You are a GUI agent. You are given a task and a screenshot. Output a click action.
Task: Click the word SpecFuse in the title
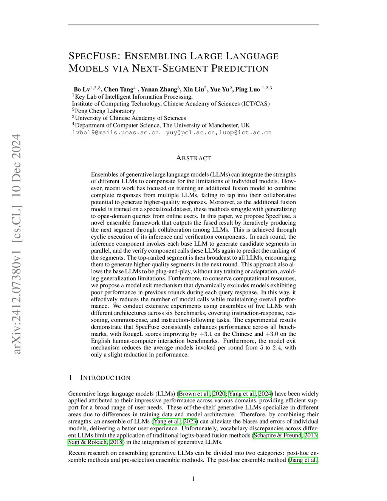(x=93, y=56)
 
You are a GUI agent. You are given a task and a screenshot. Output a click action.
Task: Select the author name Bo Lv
(x=82, y=90)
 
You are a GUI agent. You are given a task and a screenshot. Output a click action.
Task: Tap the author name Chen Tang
(x=118, y=90)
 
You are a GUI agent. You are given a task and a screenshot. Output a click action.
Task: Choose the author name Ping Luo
(x=248, y=90)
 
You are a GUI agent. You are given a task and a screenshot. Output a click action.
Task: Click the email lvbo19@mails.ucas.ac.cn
(x=115, y=133)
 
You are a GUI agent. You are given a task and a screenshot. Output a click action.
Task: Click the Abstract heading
(x=193, y=158)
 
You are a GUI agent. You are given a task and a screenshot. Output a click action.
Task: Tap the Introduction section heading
(x=105, y=378)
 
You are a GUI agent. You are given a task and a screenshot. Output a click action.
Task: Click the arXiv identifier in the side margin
(x=17, y=244)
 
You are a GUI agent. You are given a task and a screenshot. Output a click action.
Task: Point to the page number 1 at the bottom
(x=193, y=479)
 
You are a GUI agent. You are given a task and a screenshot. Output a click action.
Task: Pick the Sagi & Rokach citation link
(x=88, y=442)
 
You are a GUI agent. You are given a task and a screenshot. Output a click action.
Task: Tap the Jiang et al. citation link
(x=303, y=460)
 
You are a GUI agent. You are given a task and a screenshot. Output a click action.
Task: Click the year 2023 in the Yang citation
(x=190, y=422)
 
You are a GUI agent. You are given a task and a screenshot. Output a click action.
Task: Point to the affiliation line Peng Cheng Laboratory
(x=105, y=111)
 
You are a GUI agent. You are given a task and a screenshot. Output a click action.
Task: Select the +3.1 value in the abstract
(x=206, y=334)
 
